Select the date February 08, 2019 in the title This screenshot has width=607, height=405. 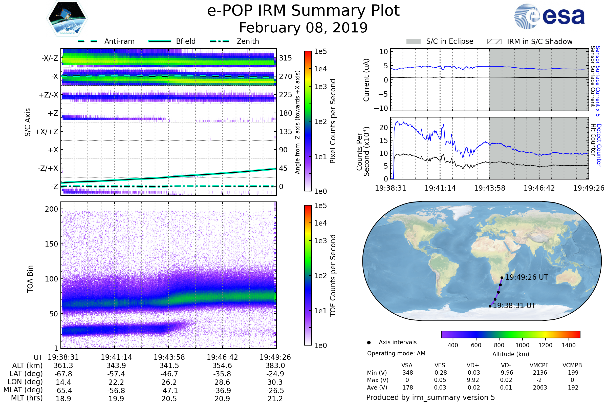tap(303, 28)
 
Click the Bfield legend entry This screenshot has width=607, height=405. tap(186, 41)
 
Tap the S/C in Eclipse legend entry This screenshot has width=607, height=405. tap(449, 41)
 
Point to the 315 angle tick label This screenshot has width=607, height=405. tap(285, 58)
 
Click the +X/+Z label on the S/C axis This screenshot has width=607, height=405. tap(47, 132)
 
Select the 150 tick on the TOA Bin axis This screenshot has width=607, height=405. tap(51, 244)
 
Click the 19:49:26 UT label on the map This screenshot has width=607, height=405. tap(527, 277)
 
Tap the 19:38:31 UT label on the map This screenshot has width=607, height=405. tap(514, 306)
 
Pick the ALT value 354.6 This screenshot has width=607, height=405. tap(222, 366)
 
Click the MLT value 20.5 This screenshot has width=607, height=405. tap(169, 398)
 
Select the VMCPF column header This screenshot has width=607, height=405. tap(539, 365)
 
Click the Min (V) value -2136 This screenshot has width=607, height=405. tap(539, 372)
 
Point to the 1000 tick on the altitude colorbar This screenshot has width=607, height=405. tap(522, 345)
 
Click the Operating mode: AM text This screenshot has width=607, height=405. tap(396, 353)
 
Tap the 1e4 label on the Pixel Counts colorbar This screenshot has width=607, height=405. tap(320, 69)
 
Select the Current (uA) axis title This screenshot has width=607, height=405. tap(366, 80)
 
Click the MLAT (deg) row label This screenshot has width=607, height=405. tap(23, 390)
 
